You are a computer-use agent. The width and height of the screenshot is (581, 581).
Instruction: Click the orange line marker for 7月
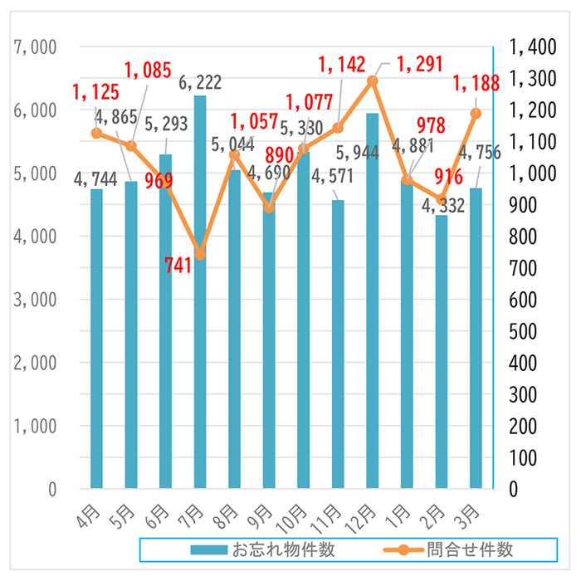click(x=200, y=255)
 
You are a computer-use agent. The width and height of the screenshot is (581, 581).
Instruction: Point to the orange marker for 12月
click(x=373, y=81)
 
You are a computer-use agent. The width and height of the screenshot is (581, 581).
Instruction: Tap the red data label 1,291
click(x=419, y=64)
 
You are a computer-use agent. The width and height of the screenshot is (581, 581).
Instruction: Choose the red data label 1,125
click(x=95, y=93)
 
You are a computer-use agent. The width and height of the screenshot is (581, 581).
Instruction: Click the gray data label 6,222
click(x=201, y=82)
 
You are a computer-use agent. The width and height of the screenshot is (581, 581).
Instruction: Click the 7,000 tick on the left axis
click(x=35, y=47)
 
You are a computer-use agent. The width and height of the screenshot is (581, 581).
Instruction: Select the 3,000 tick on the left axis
click(x=35, y=300)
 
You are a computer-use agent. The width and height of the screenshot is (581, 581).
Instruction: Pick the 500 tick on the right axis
click(x=531, y=331)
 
